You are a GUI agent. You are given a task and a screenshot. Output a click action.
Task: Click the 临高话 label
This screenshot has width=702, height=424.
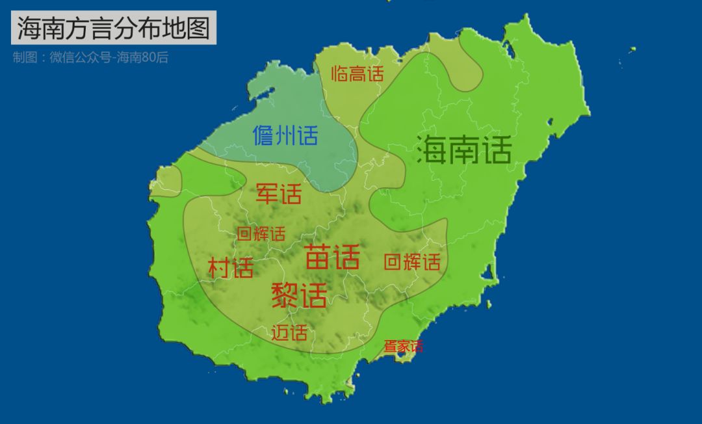coord(357,74)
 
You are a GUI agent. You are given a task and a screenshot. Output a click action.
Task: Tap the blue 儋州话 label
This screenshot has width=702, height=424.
coord(285,136)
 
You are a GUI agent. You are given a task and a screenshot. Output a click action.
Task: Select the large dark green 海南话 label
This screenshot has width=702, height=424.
coord(464,150)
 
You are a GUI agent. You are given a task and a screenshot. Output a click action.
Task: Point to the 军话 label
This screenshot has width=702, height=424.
coord(279,193)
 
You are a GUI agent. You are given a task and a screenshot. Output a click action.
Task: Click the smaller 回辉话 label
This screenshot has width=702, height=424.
coord(261,234)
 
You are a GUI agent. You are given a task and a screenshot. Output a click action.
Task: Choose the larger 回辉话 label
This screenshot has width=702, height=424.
coord(412,262)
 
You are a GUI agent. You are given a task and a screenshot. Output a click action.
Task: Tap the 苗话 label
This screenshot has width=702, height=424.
coord(332,258)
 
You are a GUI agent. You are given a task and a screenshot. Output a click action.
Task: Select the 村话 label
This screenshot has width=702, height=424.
coord(231,267)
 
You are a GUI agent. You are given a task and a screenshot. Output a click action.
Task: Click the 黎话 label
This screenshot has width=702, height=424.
coord(299,295)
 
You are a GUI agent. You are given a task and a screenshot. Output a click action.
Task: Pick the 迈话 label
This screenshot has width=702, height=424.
coord(289,333)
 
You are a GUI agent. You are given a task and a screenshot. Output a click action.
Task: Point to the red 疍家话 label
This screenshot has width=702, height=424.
coord(403,347)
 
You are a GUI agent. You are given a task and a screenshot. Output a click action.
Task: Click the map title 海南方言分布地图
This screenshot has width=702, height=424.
coord(113,29)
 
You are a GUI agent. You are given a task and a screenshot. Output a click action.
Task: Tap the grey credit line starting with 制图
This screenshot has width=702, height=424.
coord(90,57)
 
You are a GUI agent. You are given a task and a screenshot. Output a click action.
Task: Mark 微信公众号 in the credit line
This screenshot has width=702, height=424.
coord(78,57)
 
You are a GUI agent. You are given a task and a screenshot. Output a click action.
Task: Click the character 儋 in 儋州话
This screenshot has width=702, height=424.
coord(264,136)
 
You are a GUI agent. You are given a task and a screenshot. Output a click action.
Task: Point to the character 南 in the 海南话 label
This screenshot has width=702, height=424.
coord(464,150)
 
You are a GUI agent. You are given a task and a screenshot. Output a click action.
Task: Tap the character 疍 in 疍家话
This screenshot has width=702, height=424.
coord(389,347)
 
